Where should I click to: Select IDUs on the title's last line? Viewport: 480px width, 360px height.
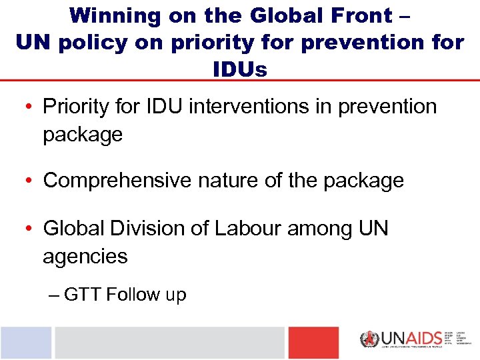[240, 69]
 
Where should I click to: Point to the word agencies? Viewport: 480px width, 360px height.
[85, 257]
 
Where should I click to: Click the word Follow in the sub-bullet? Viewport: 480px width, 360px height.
[135, 295]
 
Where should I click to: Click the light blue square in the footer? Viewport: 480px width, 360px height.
[25, 343]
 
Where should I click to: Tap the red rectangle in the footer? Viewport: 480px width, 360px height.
[313, 343]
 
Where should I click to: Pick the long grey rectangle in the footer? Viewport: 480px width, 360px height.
[169, 343]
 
